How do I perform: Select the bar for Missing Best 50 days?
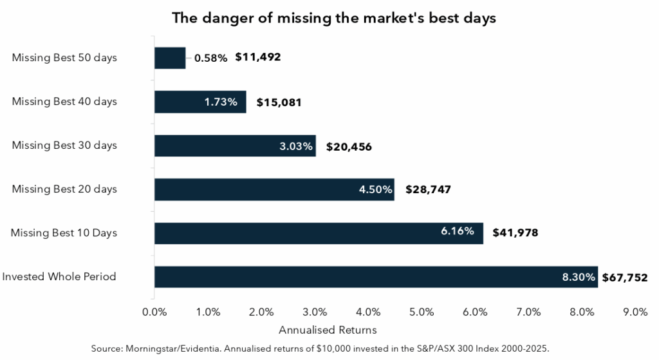click(170, 58)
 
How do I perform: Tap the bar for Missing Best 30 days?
click(235, 146)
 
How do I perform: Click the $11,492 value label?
click(258, 57)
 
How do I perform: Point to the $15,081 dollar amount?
click(279, 102)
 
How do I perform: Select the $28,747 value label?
click(429, 189)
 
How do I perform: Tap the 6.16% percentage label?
click(458, 231)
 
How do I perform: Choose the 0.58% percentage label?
click(211, 58)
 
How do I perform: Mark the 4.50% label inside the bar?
click(375, 189)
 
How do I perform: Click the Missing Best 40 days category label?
click(64, 102)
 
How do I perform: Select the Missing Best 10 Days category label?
click(64, 233)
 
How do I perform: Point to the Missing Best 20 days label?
click(64, 189)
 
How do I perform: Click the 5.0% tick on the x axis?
click(422, 312)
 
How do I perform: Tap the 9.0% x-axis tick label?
click(635, 312)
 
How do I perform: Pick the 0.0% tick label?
click(154, 312)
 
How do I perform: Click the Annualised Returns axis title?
click(328, 330)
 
